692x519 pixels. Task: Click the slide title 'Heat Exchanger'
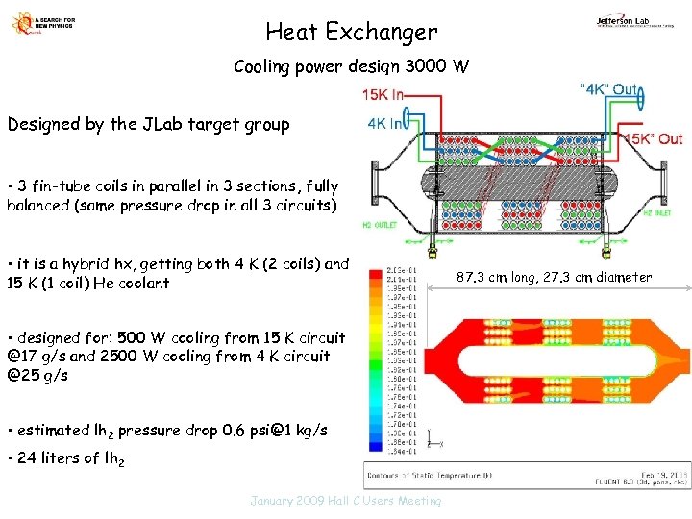pos(351,33)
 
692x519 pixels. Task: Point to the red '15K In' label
pos(383,94)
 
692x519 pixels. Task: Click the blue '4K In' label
pos(387,124)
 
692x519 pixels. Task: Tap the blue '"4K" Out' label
pos(609,89)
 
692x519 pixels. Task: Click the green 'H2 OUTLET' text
pos(382,226)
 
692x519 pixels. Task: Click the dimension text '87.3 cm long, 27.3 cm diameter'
pos(555,278)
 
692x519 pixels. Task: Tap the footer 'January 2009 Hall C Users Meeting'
pos(345,501)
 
